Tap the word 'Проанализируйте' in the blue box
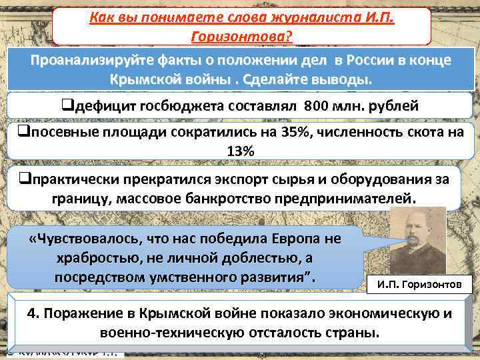pyautogui.click(x=89, y=60)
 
